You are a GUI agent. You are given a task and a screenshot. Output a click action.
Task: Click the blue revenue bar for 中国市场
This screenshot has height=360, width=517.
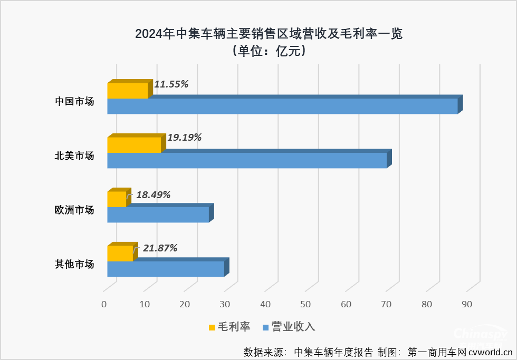282,106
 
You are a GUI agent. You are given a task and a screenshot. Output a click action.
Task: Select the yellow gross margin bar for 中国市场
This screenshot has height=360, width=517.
128,91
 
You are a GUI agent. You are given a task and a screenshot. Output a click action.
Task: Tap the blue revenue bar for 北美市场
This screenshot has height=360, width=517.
247,160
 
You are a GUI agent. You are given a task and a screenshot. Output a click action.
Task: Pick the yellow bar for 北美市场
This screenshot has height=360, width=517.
134,145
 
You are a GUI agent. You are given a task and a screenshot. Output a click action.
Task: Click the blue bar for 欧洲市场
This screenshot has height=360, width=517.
158,215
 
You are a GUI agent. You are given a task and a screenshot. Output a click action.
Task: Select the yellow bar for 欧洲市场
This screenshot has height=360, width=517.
117,199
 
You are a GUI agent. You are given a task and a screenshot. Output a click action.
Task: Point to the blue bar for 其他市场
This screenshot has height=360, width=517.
166,269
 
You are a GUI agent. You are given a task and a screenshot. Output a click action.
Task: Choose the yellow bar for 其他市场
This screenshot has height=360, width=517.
120,254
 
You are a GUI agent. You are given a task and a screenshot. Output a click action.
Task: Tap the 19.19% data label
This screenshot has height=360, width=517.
185,138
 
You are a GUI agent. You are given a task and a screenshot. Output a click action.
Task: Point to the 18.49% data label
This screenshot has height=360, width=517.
153,194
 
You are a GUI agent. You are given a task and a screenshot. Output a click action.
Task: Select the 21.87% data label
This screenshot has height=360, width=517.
160,248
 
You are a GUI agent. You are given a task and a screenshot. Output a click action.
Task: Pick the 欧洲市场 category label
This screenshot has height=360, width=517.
75,210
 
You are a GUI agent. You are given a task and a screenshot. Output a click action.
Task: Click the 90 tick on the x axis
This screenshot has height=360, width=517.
466,304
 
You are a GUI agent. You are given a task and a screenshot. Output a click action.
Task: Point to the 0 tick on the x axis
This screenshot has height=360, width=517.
104,304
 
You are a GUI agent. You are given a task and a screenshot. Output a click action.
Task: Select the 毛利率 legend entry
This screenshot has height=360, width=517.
229,327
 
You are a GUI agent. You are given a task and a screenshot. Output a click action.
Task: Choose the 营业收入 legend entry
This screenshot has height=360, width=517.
289,327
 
